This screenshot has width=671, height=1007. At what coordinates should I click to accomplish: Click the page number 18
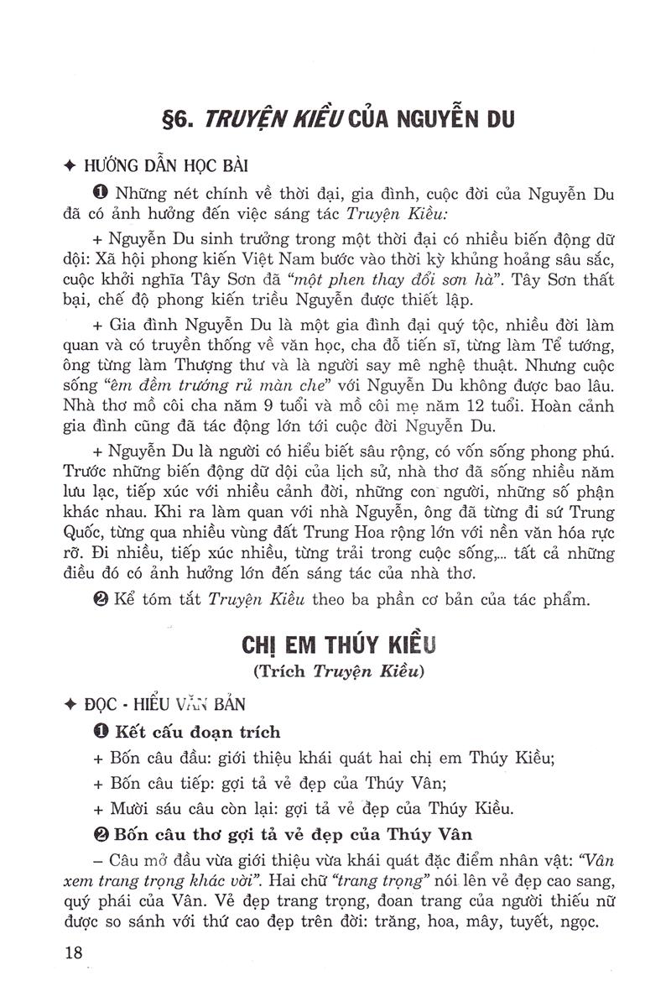74,953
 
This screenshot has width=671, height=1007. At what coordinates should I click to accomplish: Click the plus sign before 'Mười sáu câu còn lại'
97,810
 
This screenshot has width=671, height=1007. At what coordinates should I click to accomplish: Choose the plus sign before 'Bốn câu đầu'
97,758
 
